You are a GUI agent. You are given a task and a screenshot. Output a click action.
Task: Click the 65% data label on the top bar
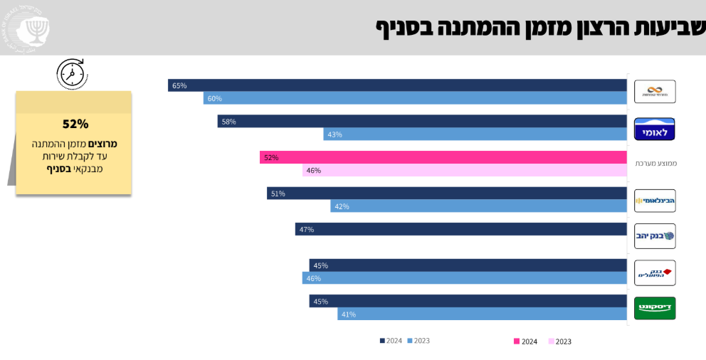[x=179, y=85]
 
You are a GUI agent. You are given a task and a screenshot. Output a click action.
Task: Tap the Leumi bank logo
[x=654, y=129]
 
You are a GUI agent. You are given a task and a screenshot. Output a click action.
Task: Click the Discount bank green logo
[x=654, y=308]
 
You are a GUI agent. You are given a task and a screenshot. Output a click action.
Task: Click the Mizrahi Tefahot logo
[x=654, y=92]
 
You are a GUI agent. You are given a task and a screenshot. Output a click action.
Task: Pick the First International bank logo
[x=654, y=201]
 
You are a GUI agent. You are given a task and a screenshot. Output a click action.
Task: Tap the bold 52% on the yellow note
[x=75, y=124]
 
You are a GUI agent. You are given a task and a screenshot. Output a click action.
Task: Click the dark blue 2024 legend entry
[x=391, y=341]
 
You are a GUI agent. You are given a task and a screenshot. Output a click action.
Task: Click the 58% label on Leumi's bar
[x=228, y=122]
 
